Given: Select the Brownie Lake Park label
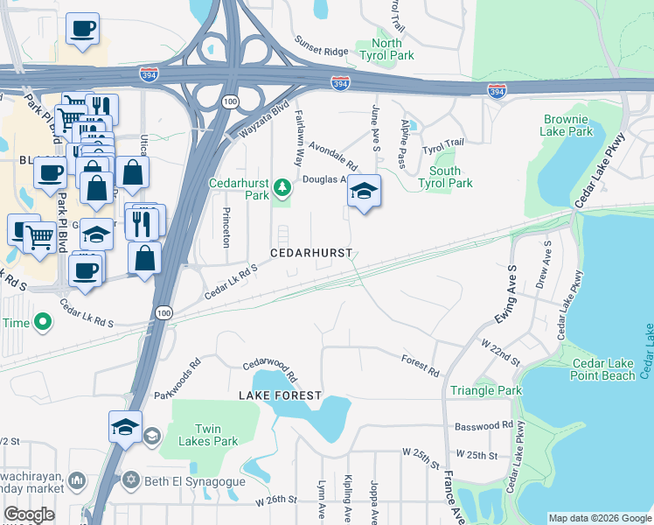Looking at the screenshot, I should coord(568,125).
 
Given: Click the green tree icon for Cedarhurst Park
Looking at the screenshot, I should coord(282,186).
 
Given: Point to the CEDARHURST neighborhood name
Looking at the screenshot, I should coord(310,253).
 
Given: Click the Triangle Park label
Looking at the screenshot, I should coord(485,390).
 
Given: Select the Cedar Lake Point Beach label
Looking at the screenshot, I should coord(603,369).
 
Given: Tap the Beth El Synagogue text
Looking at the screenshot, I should coord(191,480).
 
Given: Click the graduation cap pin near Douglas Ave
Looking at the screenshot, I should coord(364,191).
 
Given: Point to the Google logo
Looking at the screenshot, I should coord(30,514).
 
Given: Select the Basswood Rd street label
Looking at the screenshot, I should coord(484,426).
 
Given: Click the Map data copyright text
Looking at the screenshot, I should coord(599,518).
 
